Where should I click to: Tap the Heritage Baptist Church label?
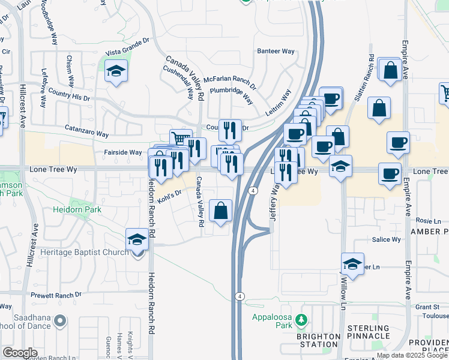84,253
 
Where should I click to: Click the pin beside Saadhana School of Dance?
59,322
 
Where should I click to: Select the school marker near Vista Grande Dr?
116,72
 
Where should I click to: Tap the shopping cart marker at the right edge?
445,93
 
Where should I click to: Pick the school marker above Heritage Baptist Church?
137,240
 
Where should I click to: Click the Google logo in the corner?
20,353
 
